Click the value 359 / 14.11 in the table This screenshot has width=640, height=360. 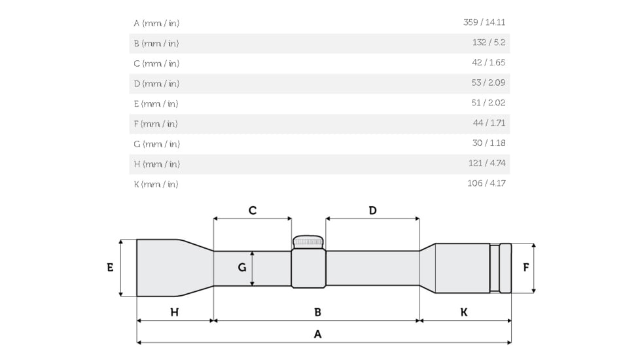pyautogui.click(x=484, y=22)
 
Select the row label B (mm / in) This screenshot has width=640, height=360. pyautogui.click(x=156, y=43)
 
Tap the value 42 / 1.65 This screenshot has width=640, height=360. pyautogui.click(x=489, y=62)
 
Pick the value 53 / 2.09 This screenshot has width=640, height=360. pyautogui.click(x=488, y=82)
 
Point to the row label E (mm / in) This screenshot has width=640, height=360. pyautogui.click(x=156, y=103)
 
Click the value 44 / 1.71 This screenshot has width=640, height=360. pyautogui.click(x=489, y=123)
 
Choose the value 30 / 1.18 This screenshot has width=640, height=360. pyautogui.click(x=489, y=143)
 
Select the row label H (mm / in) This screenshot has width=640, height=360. pyautogui.click(x=157, y=164)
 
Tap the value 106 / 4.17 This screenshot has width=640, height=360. pyautogui.click(x=486, y=183)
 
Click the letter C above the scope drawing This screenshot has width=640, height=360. pyautogui.click(x=253, y=211)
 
